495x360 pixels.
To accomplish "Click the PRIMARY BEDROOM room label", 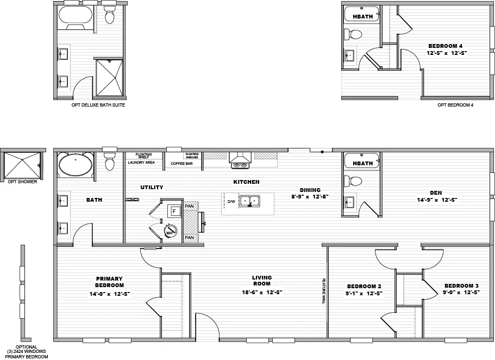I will (x=110, y=282).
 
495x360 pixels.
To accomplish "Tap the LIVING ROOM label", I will (x=262, y=281).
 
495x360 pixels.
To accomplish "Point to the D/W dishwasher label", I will (x=231, y=202).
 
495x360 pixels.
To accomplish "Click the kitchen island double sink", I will (x=250, y=201).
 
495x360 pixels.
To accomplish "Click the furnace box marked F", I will (x=175, y=211).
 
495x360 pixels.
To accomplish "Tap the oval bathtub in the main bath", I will (x=75, y=165).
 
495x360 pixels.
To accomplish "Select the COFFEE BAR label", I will (x=182, y=163).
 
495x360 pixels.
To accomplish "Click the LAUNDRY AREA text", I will (x=141, y=163).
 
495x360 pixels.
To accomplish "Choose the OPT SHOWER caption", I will (x=22, y=182).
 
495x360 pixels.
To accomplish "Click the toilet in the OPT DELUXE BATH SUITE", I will (x=109, y=16).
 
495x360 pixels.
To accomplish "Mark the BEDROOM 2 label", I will (x=364, y=286).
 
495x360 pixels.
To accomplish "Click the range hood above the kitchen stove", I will (x=240, y=158).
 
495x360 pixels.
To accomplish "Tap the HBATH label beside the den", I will (x=362, y=163).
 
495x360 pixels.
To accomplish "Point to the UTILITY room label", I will (x=152, y=188).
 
